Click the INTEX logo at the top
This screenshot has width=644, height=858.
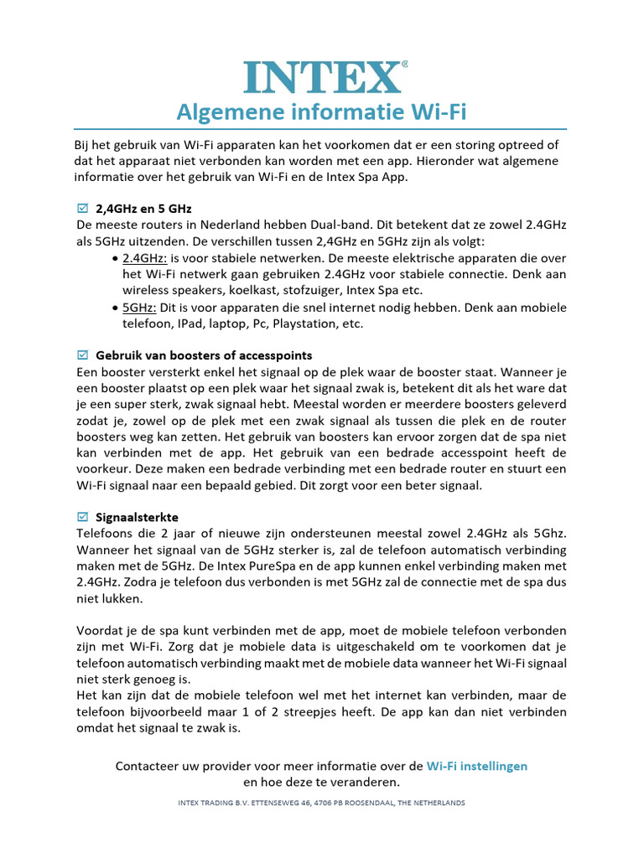tap(321, 77)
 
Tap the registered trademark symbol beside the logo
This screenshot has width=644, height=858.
tap(406, 64)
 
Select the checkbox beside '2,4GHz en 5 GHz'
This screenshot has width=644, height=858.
tap(82, 208)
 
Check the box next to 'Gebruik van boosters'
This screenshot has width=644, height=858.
tap(82, 355)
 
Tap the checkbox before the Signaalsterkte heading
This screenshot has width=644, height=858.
tap(82, 516)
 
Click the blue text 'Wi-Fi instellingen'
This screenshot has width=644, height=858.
tap(477, 766)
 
